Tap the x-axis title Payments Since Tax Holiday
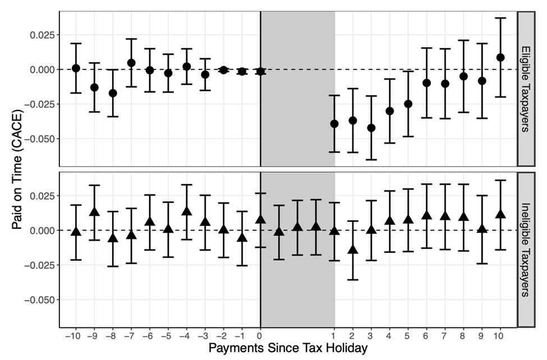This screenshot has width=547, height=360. [288, 348]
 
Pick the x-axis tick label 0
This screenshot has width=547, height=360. [260, 335]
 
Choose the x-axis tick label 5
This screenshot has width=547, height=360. [408, 335]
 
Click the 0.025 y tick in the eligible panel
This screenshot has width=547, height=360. [42, 35]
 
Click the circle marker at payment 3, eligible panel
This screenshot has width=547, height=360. [371, 128]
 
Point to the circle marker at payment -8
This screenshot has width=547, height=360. [113, 93]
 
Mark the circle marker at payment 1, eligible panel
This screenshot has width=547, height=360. [334, 123]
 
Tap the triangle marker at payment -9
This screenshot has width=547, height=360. [94, 212]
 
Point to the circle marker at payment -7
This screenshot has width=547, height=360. [131, 63]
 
